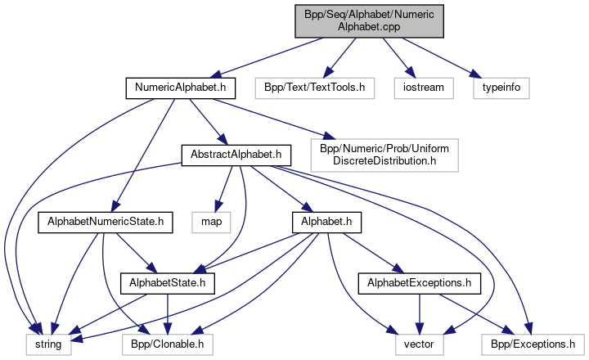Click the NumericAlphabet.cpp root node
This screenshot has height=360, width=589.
pos(370,19)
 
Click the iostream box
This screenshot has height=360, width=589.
pos(422,85)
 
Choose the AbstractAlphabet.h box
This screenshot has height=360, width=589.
pos(236,153)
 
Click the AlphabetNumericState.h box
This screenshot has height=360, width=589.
pos(106,220)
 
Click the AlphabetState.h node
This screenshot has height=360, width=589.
pos(167,283)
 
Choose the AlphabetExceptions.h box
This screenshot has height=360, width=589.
pos(419,283)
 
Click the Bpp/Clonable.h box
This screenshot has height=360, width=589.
pos(169,345)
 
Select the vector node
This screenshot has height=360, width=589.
pos(420,345)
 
